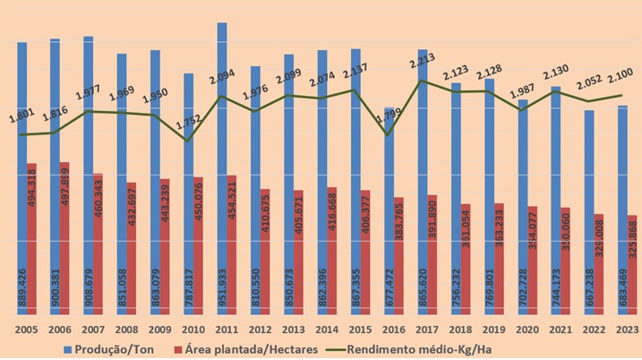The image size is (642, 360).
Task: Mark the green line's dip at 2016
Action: click(x=387, y=134)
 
